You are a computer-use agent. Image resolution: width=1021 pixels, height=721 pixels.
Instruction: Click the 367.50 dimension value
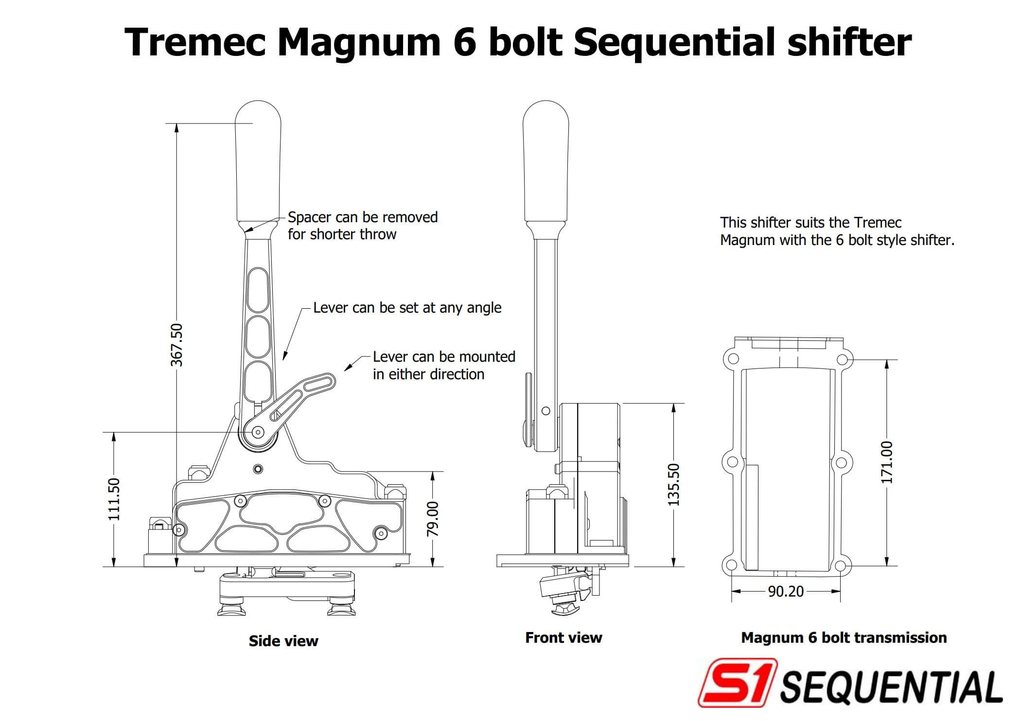pos(177,344)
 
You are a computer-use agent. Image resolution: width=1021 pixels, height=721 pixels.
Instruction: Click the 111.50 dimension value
pos(114,499)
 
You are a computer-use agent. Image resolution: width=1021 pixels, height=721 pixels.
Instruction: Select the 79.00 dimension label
pos(432,519)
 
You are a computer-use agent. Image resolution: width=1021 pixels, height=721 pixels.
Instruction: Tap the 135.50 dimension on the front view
pos(673,484)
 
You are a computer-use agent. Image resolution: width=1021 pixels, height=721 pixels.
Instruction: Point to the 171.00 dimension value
pos(887,462)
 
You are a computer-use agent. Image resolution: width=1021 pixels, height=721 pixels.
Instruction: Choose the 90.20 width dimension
pos(786,591)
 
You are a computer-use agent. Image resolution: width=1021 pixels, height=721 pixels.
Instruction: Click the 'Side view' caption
pos(283,641)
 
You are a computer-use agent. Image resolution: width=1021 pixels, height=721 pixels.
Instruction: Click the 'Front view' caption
pos(563,637)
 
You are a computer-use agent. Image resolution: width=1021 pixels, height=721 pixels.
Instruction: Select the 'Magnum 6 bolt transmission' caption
pos(844,637)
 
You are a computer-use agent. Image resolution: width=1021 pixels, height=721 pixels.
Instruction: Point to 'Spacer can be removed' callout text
pos(362,217)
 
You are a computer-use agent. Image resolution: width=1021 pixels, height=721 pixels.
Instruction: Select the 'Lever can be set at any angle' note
pos(407,308)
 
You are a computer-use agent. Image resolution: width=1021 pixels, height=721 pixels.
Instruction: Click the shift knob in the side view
pos(258,160)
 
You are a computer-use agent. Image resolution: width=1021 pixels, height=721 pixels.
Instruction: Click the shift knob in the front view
pos(546,160)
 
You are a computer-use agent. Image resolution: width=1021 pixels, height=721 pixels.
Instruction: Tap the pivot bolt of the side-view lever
pos(258,432)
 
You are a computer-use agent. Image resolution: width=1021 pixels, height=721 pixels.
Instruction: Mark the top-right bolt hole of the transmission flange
pos(842,360)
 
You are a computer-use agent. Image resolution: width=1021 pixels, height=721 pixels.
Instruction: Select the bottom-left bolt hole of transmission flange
pos(731,565)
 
